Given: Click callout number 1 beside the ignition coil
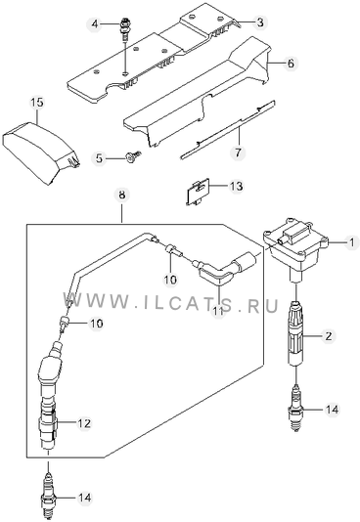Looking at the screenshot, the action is [x=351, y=242].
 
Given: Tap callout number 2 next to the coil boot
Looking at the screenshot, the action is [x=329, y=336].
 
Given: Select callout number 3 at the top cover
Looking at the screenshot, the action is [x=260, y=22].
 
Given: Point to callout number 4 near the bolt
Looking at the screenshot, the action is [x=95, y=24].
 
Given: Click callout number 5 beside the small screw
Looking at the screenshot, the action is [x=99, y=158].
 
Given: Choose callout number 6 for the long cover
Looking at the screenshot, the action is [x=291, y=63].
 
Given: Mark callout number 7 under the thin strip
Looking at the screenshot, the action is [x=238, y=152].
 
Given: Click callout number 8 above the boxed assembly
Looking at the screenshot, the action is [x=122, y=195].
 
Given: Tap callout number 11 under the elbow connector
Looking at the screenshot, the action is [x=218, y=311].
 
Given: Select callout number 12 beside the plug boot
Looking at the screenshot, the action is [x=83, y=423].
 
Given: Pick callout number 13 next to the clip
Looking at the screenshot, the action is [x=236, y=186].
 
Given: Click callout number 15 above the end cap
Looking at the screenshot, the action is [x=37, y=102].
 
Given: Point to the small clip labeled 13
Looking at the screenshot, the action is [x=198, y=192].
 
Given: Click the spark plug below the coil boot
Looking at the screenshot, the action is [x=295, y=408].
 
